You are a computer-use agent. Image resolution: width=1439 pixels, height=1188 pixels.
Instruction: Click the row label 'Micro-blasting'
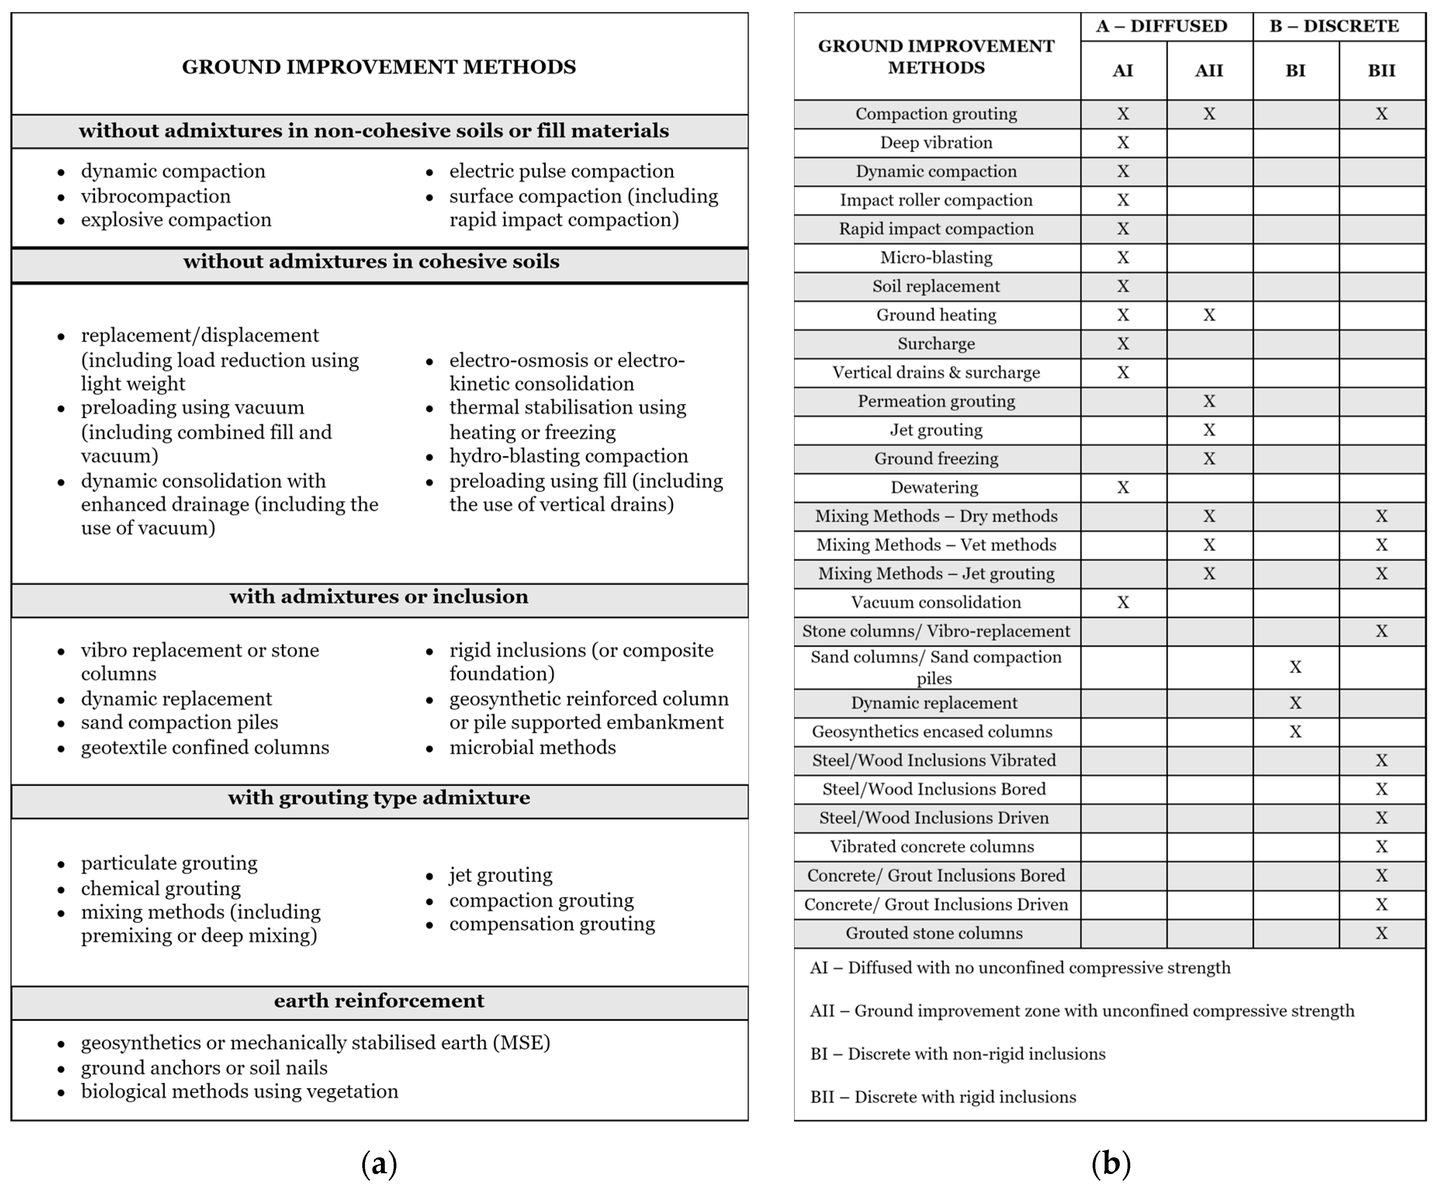pyautogui.click(x=936, y=257)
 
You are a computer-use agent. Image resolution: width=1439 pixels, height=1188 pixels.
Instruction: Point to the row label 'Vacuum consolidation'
pyautogui.click(x=936, y=602)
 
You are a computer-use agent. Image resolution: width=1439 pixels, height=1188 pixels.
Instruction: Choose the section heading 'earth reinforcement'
pyautogui.click(x=379, y=1001)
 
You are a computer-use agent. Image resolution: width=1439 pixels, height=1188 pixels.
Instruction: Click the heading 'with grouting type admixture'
pyautogui.click(x=379, y=798)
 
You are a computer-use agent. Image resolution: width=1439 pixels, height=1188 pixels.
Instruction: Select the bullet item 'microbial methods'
pyautogui.click(x=533, y=747)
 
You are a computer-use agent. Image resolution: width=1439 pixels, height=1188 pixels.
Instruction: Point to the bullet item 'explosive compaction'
pyautogui.click(x=176, y=220)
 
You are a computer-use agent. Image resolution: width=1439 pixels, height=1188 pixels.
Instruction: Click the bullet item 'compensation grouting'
pyautogui.click(x=552, y=924)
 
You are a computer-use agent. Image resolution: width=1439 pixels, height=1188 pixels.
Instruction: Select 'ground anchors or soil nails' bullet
pyautogui.click(x=204, y=1068)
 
